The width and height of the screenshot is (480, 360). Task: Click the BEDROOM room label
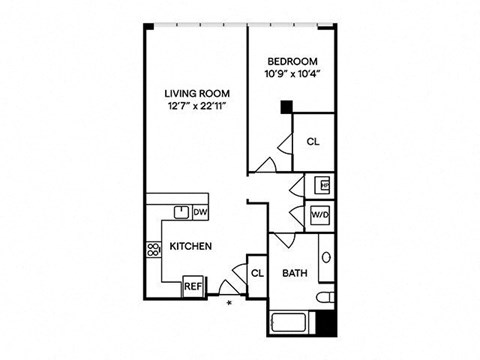tap(292, 62)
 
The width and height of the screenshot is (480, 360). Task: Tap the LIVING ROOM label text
tap(197, 94)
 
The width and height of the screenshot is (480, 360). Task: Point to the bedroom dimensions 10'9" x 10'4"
tap(292, 74)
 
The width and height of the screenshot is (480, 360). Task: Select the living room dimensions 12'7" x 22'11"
tap(197, 106)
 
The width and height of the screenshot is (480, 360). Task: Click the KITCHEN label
tap(191, 246)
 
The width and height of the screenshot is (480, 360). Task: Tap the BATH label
tap(295, 273)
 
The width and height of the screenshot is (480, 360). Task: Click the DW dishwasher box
tap(201, 212)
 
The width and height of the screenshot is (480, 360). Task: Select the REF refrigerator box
tap(193, 286)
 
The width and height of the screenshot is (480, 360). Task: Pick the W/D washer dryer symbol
tap(320, 215)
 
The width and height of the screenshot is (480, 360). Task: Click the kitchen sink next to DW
tap(182, 212)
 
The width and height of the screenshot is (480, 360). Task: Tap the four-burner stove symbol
tap(153, 250)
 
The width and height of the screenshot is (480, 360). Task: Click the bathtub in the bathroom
tap(290, 323)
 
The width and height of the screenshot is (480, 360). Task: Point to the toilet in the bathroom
tap(325, 297)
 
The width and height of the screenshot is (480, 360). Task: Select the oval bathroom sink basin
tap(326, 257)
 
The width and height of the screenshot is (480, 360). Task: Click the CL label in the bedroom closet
tap(313, 142)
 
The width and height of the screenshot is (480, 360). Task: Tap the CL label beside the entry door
tap(257, 274)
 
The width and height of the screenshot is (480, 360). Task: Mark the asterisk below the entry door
tap(229, 303)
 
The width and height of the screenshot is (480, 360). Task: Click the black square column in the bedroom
tap(287, 107)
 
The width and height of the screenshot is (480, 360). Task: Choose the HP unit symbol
tap(325, 185)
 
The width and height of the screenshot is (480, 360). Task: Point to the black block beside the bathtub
tap(326, 323)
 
